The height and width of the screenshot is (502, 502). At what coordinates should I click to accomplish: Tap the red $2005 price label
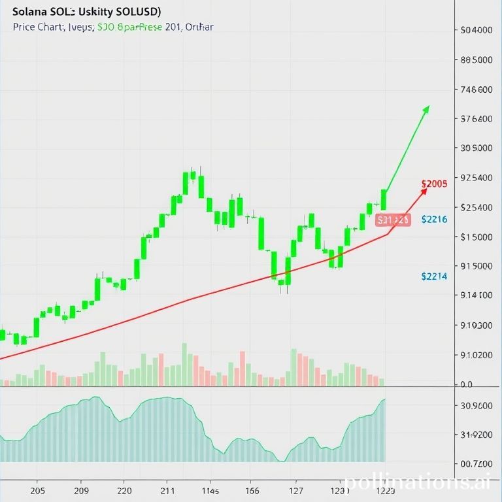coord(435,184)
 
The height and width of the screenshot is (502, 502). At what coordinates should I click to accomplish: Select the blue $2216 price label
coord(435,220)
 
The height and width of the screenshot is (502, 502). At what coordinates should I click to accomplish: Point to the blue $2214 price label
coord(435,276)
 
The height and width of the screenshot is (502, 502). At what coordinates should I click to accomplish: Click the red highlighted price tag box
coord(393,220)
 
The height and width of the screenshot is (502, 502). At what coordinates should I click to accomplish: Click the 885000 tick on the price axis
coord(476,60)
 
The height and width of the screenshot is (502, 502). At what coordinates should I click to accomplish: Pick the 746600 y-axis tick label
coord(477,90)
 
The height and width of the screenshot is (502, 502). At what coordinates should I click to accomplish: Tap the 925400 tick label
coord(477,178)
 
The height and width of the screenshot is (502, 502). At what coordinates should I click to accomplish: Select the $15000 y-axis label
coord(477,237)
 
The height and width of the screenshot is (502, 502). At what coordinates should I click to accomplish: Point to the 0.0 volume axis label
coord(466,385)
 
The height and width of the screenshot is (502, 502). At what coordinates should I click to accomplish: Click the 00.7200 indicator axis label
coord(476,463)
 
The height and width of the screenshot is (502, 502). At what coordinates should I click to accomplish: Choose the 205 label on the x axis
coord(38,491)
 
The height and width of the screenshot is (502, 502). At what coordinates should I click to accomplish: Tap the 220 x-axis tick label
coord(124,491)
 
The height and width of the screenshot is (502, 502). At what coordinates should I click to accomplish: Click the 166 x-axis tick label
coord(252,491)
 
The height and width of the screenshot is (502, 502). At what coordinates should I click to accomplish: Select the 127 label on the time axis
coord(295,491)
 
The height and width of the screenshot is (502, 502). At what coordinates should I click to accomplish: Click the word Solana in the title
coord(29,12)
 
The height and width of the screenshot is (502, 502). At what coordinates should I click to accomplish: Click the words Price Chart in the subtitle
coord(37,27)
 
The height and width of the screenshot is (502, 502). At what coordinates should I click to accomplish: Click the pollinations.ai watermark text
coord(418,482)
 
